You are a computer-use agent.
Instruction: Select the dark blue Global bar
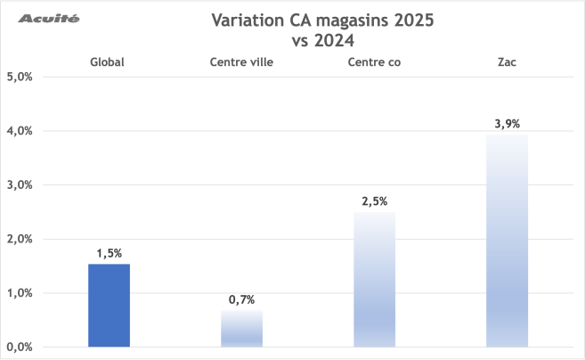109,305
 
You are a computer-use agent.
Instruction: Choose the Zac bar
507,241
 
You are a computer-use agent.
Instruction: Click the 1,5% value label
109,253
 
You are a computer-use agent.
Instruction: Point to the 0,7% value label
241,299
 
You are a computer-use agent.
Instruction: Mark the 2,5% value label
374,201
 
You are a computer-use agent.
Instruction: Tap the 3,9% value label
507,124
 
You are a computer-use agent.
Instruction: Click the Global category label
107,61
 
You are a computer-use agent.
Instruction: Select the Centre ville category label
240,61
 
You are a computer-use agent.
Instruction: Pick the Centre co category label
373,61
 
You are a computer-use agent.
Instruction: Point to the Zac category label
506,61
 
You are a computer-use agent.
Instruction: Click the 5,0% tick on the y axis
19,77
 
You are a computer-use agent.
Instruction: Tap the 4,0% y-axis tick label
19,131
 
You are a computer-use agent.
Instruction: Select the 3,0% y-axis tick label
19,185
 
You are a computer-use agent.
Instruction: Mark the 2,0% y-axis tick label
19,239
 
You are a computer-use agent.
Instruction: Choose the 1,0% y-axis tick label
19,293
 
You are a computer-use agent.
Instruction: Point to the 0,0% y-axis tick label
19,348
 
